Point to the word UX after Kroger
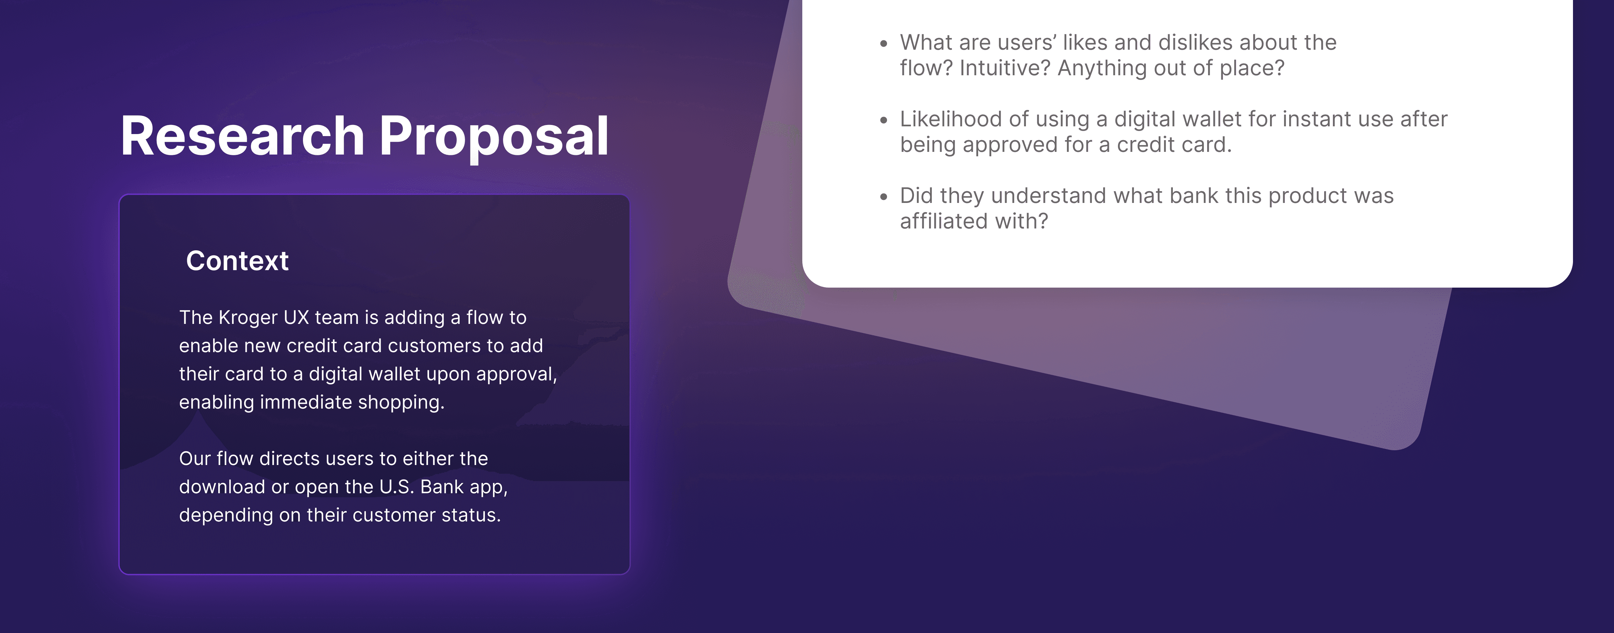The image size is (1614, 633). [x=296, y=318]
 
